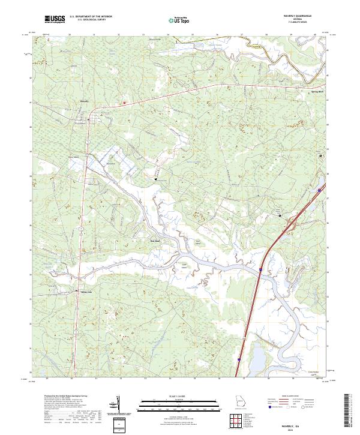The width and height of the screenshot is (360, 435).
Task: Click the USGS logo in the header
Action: [55, 20]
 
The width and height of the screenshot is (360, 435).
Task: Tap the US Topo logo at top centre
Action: [179, 20]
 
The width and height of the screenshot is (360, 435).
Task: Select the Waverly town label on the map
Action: [84, 101]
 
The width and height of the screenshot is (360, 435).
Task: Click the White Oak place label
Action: [85, 292]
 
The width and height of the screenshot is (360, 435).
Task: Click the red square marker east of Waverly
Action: [124, 103]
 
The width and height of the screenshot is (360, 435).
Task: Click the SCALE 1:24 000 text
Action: [180, 397]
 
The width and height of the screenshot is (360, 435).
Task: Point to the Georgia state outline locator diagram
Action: [238, 402]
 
